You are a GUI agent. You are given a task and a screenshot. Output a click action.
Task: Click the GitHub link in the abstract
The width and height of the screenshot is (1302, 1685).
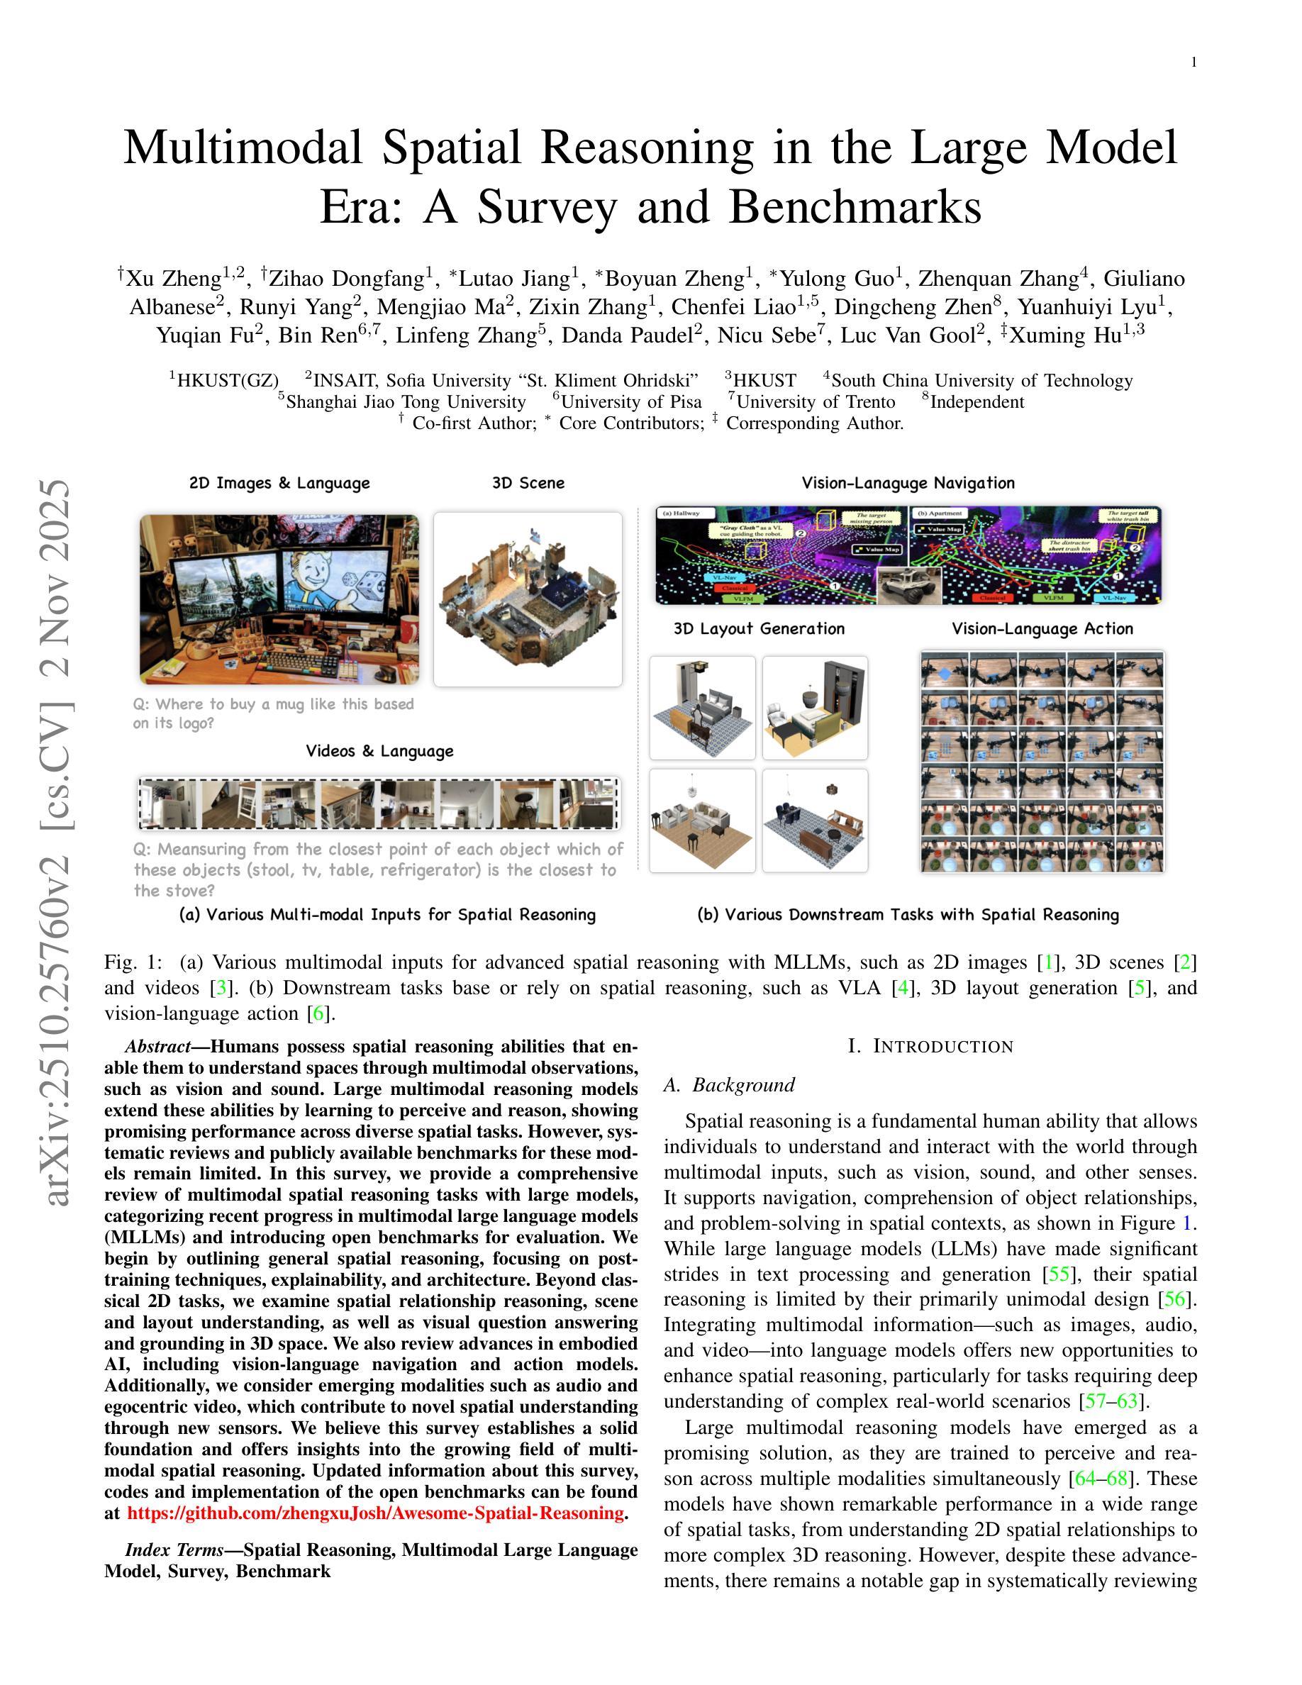coord(375,1513)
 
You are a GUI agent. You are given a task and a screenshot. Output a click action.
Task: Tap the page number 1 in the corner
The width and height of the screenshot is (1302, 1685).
coord(1194,62)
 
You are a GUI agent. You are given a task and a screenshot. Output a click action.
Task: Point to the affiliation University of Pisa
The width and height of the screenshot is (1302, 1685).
coord(631,402)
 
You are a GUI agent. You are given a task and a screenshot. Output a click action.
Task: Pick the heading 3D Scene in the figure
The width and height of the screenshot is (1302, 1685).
coord(528,483)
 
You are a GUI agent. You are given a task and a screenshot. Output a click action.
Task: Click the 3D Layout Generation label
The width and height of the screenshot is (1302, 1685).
coord(759,629)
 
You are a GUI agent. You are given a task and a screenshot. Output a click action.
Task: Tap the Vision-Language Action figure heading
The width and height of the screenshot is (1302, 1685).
coord(1042,629)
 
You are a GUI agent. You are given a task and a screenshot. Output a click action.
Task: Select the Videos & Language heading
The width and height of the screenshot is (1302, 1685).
coord(379,751)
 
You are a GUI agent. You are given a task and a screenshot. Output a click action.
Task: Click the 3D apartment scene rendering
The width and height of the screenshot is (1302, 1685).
coord(528,599)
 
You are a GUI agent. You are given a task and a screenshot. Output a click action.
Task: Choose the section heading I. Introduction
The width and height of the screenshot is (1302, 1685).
coord(930,1047)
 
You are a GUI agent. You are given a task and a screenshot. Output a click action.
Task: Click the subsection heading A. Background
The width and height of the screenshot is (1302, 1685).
coord(729,1086)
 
